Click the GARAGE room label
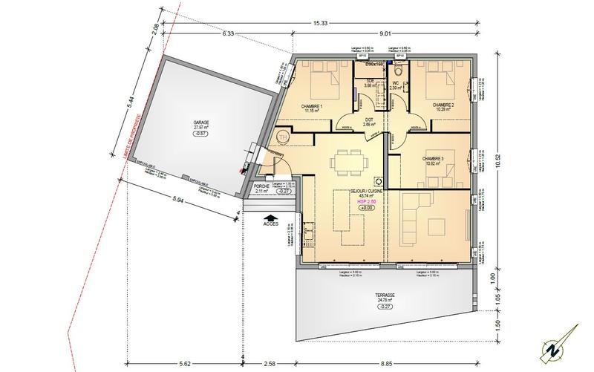coord(200,121)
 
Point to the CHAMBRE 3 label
coord(433,158)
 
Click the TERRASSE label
coord(385,295)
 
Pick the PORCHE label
coord(261,186)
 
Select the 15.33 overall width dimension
coord(320,23)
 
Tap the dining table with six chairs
coord(347,160)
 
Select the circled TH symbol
coord(282,137)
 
